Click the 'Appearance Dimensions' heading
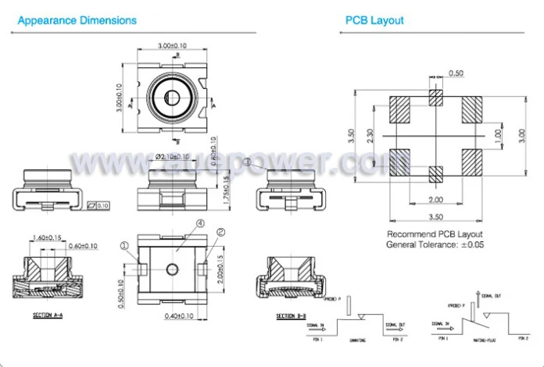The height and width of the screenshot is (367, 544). (77, 20)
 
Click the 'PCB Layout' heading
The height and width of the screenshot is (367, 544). (374, 20)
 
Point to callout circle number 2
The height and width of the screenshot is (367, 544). (220, 232)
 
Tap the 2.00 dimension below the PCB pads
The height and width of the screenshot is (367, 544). (436, 199)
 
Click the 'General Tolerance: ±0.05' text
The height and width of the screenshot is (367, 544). (435, 245)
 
